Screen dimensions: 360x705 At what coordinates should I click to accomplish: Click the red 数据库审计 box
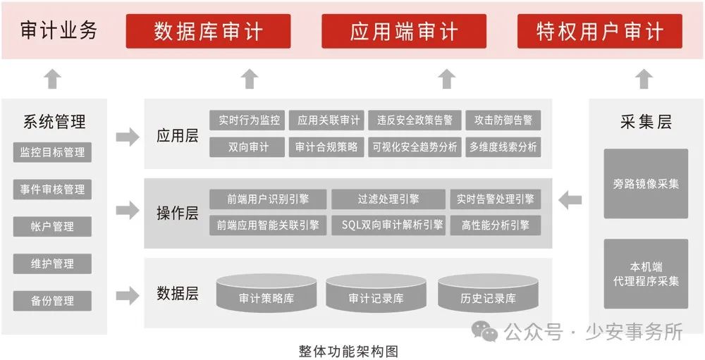click(208, 31)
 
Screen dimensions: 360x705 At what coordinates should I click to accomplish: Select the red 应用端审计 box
click(404, 31)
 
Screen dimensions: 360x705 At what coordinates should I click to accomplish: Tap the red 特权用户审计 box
click(599, 31)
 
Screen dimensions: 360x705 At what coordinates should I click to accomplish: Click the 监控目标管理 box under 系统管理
click(53, 152)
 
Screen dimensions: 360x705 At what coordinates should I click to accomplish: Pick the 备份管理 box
click(53, 301)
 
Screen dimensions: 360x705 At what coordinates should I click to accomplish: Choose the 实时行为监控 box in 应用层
click(247, 120)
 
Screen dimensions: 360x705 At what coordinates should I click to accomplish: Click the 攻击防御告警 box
click(503, 120)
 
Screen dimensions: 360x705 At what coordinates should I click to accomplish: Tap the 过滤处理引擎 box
click(388, 199)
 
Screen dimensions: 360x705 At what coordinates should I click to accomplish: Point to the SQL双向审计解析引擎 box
click(388, 225)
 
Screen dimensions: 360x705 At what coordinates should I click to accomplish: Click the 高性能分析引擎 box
click(496, 225)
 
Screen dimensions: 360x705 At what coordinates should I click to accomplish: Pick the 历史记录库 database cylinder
click(488, 296)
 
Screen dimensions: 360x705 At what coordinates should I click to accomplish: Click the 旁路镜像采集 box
click(646, 184)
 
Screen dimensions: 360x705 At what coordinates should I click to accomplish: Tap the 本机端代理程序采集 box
click(646, 274)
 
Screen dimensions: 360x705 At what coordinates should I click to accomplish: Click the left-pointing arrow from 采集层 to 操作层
click(570, 200)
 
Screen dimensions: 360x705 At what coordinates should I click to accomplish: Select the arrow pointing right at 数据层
click(128, 295)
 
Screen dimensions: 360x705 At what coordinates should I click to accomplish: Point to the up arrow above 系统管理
click(53, 79)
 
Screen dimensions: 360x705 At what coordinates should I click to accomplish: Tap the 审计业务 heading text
click(59, 31)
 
